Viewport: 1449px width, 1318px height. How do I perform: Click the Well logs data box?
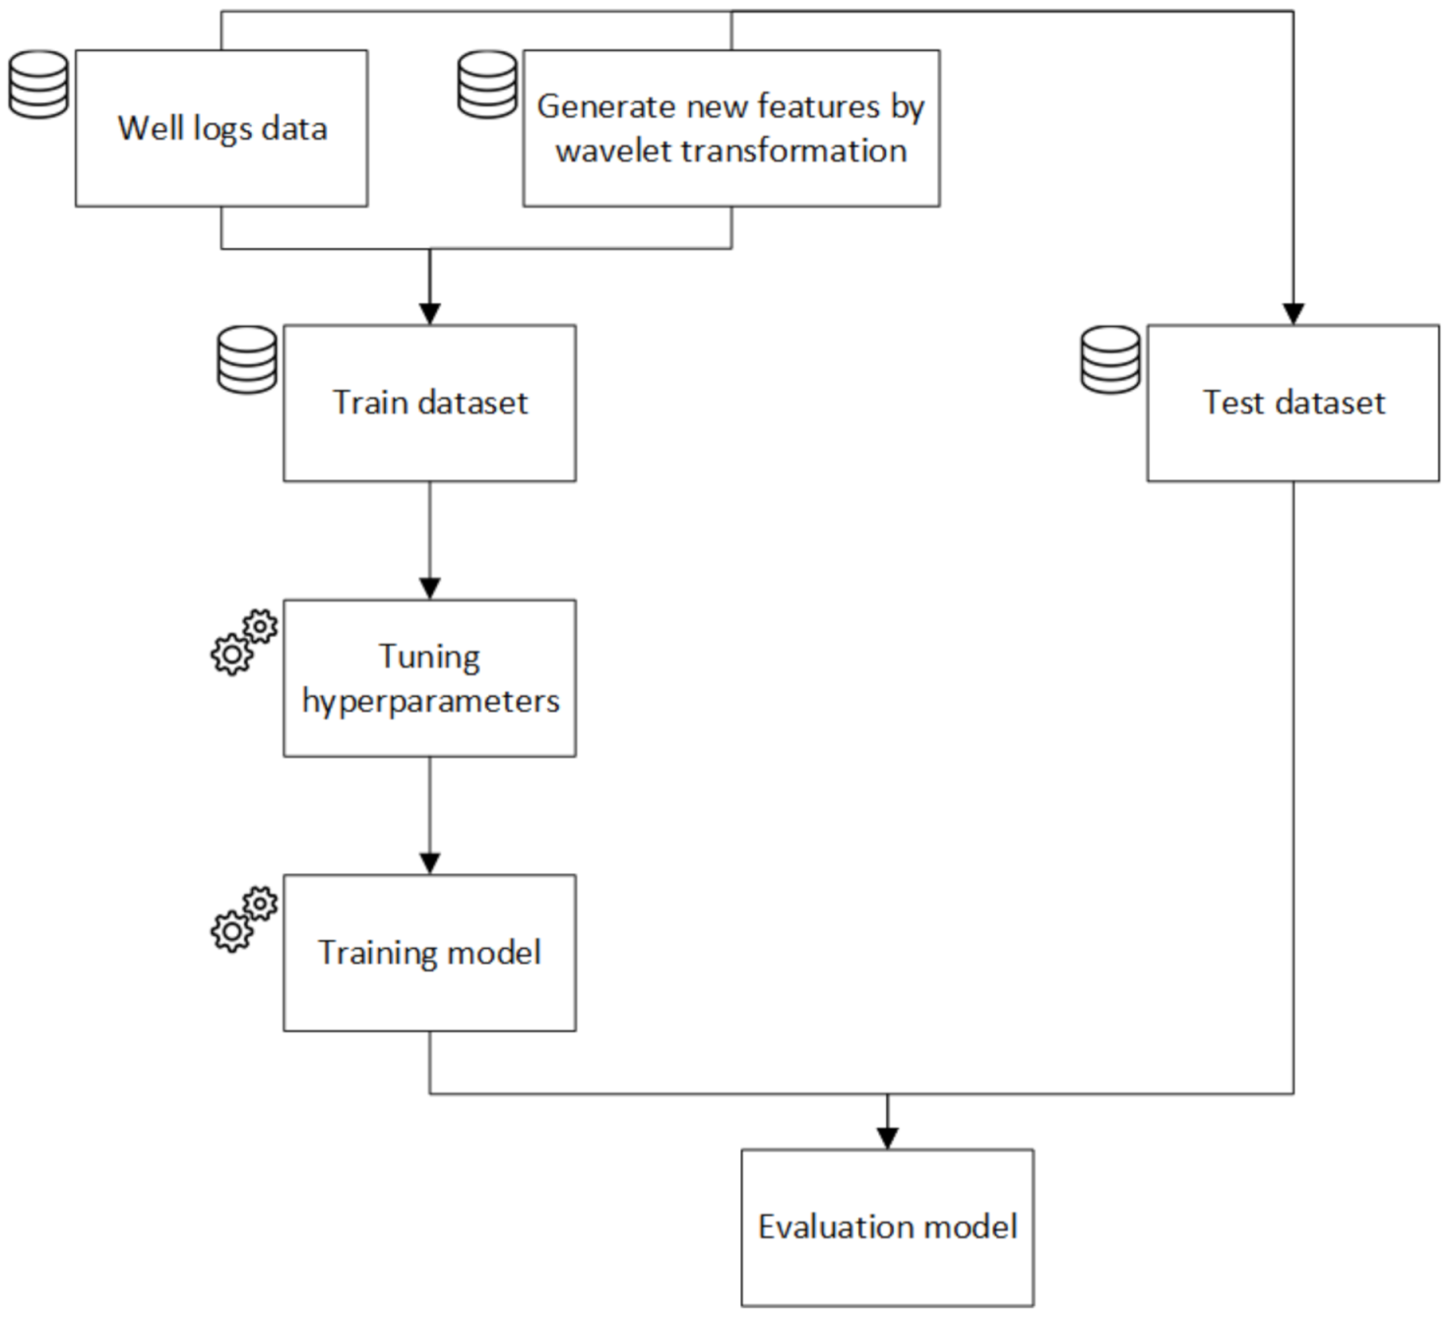click(x=221, y=128)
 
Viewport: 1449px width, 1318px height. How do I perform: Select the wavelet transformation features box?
click(x=730, y=128)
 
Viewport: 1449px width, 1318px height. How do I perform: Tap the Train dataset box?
click(x=429, y=403)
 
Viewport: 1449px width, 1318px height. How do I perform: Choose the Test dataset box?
click(x=1292, y=403)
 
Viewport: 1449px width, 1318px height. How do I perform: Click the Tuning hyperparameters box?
click(x=429, y=678)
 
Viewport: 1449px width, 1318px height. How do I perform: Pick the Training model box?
click(x=429, y=953)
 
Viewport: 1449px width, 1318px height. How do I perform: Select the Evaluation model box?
click(x=887, y=1227)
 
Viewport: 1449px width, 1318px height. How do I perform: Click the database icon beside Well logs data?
click(x=39, y=85)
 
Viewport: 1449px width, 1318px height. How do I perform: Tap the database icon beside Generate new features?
click(x=487, y=85)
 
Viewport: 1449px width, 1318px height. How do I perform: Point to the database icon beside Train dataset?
click(x=247, y=360)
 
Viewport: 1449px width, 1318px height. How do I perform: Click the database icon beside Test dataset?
click(x=1110, y=360)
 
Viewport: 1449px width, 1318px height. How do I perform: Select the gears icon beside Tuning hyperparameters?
click(x=244, y=643)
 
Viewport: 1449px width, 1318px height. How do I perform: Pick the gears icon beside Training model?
click(x=244, y=918)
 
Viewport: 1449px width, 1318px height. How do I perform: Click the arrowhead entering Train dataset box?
click(x=429, y=314)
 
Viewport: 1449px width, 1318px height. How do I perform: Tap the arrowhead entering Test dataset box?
click(x=1292, y=314)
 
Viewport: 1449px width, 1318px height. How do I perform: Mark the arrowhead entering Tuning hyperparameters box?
click(x=429, y=589)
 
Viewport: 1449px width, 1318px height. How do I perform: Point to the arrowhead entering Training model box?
click(x=429, y=863)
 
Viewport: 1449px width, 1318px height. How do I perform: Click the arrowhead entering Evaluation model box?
click(x=887, y=1138)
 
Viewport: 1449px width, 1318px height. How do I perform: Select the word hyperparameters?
click(x=430, y=701)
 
